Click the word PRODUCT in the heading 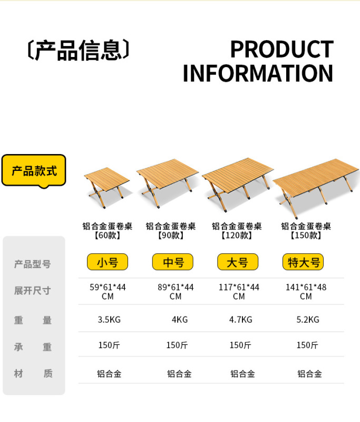[x=281, y=50]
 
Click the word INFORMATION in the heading [x=258, y=73]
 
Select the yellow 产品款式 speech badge [x=34, y=170]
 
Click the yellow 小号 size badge [x=108, y=262]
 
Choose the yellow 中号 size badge [x=173, y=262]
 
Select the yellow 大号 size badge [x=238, y=262]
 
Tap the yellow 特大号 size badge [x=303, y=262]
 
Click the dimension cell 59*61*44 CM [x=108, y=292]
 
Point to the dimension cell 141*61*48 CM [x=306, y=292]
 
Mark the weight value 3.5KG [x=109, y=320]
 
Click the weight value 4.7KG [x=240, y=320]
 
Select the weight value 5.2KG [x=307, y=320]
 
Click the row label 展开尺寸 [x=33, y=291]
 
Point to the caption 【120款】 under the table [x=237, y=235]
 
